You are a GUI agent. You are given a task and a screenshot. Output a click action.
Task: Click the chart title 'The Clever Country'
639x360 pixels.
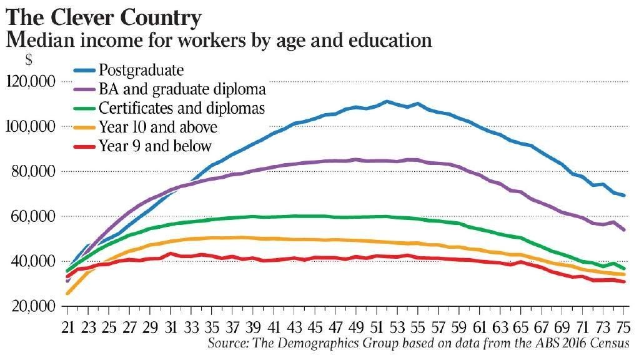[104, 17]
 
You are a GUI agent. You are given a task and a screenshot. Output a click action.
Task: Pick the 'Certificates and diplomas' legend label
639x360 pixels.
[182, 107]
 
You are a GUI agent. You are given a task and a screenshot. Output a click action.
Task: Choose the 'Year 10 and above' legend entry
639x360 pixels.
[158, 127]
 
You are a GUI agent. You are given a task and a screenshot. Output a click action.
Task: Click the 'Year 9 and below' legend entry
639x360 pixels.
[155, 146]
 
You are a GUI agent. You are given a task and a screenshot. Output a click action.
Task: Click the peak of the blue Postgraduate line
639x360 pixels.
[387, 101]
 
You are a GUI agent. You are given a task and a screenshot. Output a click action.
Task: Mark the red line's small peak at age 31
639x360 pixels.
[170, 254]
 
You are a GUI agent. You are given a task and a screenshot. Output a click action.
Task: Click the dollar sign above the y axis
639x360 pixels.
[28, 61]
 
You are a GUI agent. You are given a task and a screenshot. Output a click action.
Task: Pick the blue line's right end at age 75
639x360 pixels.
[623, 195]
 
